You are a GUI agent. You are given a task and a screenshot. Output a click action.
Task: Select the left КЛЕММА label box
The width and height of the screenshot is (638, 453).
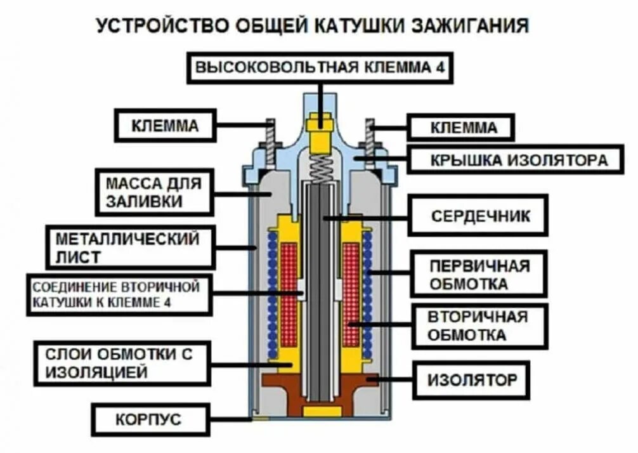[165, 126]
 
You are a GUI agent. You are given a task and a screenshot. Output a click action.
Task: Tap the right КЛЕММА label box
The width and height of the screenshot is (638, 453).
[460, 128]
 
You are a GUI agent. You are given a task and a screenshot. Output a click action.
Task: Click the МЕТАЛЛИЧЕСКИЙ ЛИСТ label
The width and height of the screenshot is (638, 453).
[129, 247]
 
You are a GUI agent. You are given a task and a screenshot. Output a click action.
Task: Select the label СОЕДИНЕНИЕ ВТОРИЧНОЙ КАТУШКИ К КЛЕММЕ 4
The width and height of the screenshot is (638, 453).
[119, 294]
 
